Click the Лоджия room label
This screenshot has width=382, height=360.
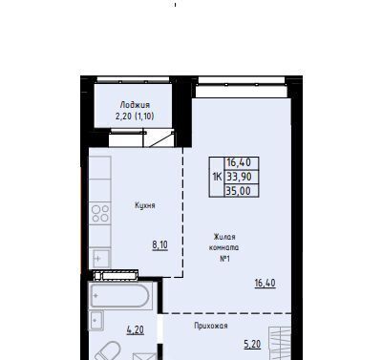[135, 105]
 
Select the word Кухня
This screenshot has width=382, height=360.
[145, 205]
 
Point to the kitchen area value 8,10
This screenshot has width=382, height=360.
[160, 245]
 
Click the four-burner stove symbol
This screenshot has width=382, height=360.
[100, 213]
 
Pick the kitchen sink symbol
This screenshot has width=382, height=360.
[101, 258]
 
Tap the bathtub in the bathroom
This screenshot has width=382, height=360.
[119, 296]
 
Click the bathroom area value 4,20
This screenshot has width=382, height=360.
[136, 329]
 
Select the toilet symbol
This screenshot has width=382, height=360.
[107, 351]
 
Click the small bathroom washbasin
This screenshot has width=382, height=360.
[96, 321]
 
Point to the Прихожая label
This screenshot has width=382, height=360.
[211, 326]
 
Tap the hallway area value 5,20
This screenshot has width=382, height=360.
[252, 344]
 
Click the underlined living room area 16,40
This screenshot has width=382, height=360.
[265, 283]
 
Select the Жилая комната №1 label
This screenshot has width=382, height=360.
[224, 247]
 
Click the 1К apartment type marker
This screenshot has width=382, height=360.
[217, 177]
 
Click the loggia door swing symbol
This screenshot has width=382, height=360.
[161, 138]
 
